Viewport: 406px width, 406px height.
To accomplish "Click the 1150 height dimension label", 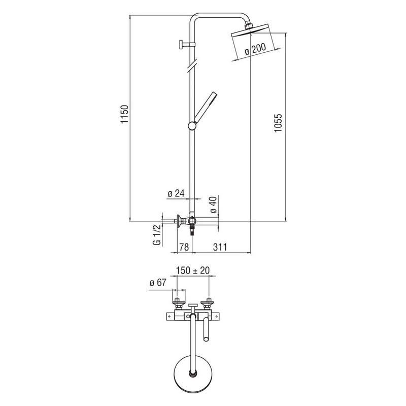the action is (x=124, y=114).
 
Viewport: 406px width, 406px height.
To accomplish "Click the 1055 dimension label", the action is (x=278, y=123).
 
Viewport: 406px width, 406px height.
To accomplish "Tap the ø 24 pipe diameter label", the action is (x=176, y=193).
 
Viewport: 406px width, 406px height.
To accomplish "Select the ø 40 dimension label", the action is (x=214, y=205).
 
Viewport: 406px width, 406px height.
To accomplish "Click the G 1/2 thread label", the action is (x=157, y=235).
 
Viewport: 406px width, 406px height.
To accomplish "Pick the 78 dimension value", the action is (x=184, y=247).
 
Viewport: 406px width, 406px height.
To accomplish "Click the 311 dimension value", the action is (x=220, y=247).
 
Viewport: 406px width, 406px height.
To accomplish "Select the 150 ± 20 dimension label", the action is (x=193, y=270).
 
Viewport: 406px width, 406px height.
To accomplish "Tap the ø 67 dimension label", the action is (x=158, y=283).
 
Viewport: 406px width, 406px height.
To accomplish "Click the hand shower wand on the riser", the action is (x=206, y=107).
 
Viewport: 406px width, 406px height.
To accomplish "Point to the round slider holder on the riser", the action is (x=192, y=126).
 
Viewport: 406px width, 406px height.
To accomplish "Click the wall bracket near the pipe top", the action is (x=186, y=45).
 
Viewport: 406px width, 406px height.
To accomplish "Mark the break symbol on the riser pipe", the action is (x=192, y=65).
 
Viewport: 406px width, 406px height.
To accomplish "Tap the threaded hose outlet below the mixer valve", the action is (x=192, y=230).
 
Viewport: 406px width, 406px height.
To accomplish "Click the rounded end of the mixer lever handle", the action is (x=206, y=339).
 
